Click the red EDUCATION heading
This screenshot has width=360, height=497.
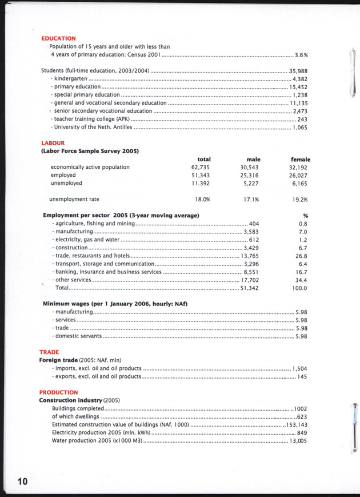point(58,38)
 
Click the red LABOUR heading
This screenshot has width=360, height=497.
point(53,143)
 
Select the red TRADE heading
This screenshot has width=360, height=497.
point(50,352)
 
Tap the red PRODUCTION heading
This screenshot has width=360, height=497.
point(58,392)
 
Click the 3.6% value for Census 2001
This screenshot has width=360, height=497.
point(301,55)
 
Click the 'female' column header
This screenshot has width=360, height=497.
point(301,159)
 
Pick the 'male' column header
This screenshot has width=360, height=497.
point(253,159)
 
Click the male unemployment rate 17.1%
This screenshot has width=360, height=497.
point(251,200)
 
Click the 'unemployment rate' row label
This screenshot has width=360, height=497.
point(74,200)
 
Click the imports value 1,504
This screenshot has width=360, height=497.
point(299,369)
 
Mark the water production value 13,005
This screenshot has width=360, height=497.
point(298,441)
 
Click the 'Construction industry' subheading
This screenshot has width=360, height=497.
point(70,400)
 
